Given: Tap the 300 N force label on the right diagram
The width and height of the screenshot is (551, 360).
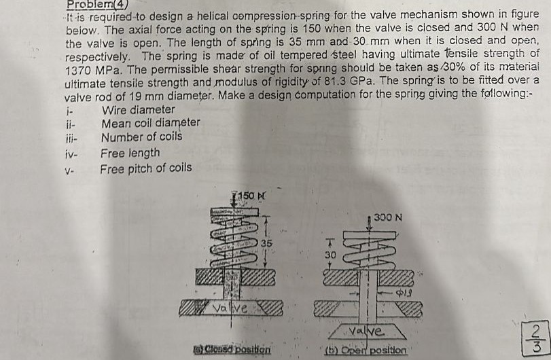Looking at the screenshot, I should (x=389, y=217).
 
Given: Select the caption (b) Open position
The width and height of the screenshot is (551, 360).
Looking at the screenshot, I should (x=368, y=350).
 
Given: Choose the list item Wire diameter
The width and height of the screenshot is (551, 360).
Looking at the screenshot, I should (x=138, y=109).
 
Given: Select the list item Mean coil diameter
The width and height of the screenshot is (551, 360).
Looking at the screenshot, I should (x=150, y=123).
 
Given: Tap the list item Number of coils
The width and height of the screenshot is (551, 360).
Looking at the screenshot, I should (x=141, y=137).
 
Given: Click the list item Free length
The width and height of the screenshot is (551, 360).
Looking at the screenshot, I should (x=130, y=153).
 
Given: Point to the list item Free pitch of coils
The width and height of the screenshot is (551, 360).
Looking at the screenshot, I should (x=146, y=168).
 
